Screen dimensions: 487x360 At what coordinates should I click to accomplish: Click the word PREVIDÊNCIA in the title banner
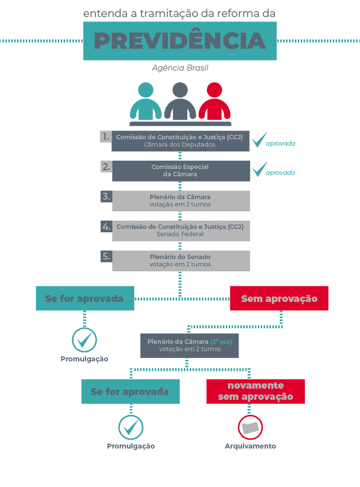[180, 41]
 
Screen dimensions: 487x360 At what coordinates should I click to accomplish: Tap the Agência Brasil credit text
[180, 68]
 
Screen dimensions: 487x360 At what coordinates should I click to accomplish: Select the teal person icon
[146, 101]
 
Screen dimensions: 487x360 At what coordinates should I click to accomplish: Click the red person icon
[214, 101]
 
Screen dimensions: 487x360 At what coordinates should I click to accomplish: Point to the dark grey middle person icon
[180, 101]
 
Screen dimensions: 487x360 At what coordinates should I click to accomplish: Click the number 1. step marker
[106, 137]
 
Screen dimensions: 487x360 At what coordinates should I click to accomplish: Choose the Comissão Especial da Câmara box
[180, 171]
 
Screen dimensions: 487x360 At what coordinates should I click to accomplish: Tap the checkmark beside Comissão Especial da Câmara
[260, 169]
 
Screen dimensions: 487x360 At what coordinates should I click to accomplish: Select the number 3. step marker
[106, 196]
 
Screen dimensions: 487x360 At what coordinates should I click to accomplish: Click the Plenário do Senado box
[180, 260]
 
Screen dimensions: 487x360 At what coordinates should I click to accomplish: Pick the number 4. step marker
[106, 227]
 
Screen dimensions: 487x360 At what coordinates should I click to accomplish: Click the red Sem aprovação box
[279, 298]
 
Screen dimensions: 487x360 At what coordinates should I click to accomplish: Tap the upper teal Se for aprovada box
[85, 298]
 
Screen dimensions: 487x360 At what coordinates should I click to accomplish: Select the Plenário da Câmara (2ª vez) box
[189, 345]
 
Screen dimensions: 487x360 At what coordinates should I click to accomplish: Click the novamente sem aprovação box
[255, 391]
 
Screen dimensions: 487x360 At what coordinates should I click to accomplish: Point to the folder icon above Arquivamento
[250, 427]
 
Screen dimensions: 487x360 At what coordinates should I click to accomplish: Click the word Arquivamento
[250, 446]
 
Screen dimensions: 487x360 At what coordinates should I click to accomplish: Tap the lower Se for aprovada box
[130, 391]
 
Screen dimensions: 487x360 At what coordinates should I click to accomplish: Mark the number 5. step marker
[106, 256]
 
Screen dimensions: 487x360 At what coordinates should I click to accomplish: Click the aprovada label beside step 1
[280, 143]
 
